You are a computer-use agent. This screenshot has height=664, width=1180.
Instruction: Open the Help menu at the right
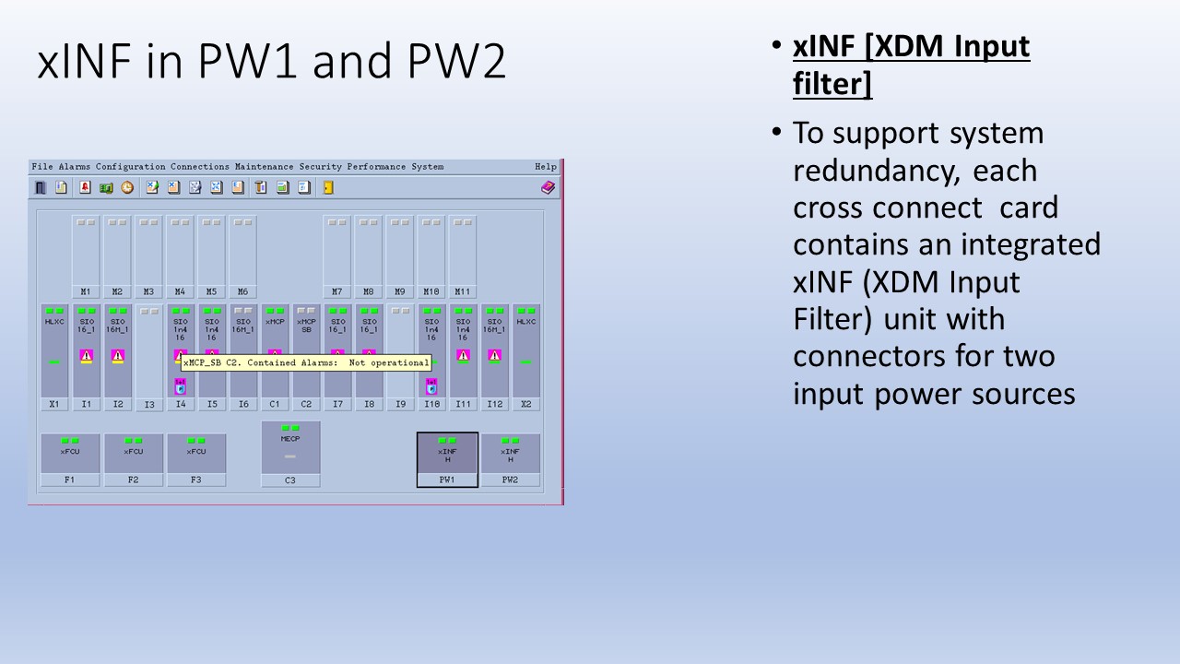click(546, 167)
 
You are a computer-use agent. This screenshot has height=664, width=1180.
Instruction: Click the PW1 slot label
click(447, 480)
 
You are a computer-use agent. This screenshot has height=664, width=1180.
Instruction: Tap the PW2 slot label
click(510, 480)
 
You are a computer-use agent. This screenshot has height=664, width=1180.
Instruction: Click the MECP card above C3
click(290, 447)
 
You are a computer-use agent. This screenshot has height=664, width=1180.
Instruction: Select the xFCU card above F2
click(134, 453)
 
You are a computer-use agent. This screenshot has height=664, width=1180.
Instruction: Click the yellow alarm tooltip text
click(306, 363)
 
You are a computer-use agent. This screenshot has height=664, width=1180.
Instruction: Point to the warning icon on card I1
click(87, 355)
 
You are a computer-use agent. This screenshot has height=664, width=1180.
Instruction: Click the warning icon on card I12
click(494, 355)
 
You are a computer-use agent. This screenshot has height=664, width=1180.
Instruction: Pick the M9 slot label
click(400, 291)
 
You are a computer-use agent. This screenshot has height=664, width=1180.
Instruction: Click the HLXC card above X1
click(54, 350)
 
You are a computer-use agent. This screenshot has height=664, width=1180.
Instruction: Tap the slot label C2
click(305, 404)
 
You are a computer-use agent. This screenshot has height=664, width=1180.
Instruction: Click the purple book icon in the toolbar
click(548, 187)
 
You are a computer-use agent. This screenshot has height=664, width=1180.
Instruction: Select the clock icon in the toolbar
click(126, 187)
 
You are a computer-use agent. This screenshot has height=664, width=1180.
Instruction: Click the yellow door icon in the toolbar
click(328, 187)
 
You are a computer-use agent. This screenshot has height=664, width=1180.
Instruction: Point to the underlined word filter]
click(832, 85)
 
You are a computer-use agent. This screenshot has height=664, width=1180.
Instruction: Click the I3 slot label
click(149, 405)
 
